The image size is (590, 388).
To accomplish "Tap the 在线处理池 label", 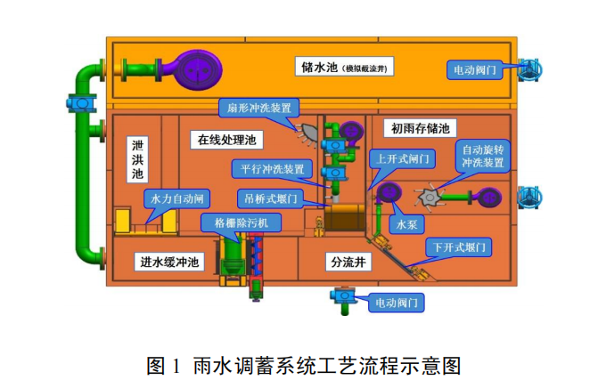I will [x=226, y=140].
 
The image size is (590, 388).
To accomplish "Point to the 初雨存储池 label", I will [x=422, y=128].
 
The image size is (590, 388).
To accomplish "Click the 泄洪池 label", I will [x=139, y=159].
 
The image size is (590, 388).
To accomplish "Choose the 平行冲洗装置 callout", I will [x=272, y=168].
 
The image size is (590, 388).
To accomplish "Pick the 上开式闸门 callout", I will [x=402, y=158].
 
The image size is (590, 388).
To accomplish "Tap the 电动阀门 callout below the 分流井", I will [x=396, y=303].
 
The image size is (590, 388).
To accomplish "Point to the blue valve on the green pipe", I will [x=83, y=104].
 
